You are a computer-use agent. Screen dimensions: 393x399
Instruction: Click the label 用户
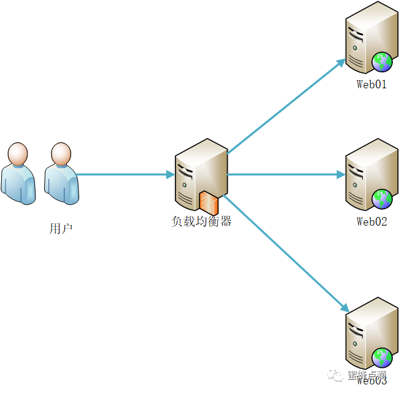[x=61, y=229]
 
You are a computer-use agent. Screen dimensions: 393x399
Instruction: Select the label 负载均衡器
[x=201, y=222]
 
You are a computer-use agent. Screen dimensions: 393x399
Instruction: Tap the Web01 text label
[x=372, y=85]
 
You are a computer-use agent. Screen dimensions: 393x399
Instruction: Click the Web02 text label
[x=372, y=222]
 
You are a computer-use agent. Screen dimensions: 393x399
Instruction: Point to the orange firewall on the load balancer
[x=208, y=202]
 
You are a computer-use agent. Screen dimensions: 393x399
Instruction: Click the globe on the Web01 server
[x=382, y=61]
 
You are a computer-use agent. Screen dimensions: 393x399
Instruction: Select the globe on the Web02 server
[x=382, y=199]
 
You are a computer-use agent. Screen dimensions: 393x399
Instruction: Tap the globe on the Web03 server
[x=382, y=357]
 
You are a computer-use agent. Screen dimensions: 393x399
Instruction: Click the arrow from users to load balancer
[x=126, y=175]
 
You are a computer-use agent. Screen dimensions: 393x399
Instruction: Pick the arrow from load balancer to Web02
[x=285, y=175]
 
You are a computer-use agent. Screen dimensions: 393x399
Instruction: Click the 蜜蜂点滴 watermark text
[x=366, y=375]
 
